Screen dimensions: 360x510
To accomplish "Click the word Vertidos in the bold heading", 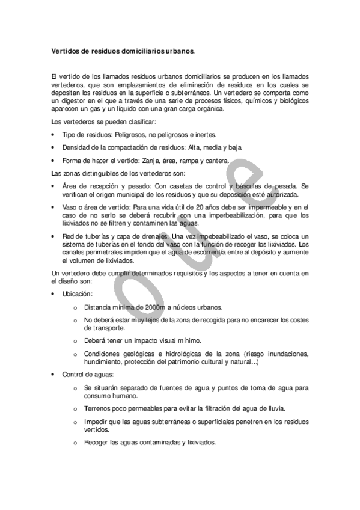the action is (x=63, y=52).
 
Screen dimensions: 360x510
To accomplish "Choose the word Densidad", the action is (x=76, y=147).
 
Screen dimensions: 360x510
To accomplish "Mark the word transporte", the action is (x=102, y=328).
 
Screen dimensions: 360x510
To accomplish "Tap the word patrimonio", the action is (x=192, y=361).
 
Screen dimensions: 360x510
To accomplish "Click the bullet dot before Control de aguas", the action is (x=53, y=375).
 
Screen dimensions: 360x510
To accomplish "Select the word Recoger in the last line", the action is (x=98, y=443).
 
